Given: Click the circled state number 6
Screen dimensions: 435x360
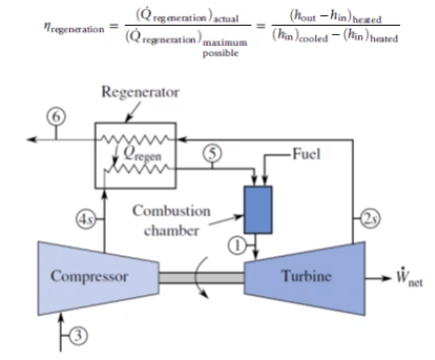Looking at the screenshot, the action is point(56,117).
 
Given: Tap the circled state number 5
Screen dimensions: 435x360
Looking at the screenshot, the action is point(213,154).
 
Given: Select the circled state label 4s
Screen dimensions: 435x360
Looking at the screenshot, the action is point(86,219).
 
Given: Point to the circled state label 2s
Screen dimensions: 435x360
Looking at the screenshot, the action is point(370,218).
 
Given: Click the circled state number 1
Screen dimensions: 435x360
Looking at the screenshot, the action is point(237,245).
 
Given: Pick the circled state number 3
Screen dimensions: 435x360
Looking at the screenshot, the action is point(79,336).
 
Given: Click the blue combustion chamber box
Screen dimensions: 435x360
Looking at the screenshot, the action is point(258,209).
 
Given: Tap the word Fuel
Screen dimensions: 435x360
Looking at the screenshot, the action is point(306,155).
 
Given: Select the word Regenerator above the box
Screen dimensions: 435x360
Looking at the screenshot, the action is point(141,92).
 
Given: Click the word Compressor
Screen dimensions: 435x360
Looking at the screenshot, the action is point(89,276).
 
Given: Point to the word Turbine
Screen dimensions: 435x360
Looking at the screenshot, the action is point(306,276).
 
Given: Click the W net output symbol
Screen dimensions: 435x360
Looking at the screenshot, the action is point(409,277).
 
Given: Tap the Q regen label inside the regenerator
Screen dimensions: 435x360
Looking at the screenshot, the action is point(143,154).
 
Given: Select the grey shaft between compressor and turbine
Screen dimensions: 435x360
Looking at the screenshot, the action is point(202,278).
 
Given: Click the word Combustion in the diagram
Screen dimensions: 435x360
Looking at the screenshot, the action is point(172,211).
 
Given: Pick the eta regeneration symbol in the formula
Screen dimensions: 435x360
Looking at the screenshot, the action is point(74,28).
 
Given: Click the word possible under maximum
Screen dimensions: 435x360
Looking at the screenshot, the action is point(220,53).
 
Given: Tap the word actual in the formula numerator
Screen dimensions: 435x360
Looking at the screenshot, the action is point(225,19).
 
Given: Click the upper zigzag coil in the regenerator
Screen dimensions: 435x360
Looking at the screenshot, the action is point(135,140).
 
